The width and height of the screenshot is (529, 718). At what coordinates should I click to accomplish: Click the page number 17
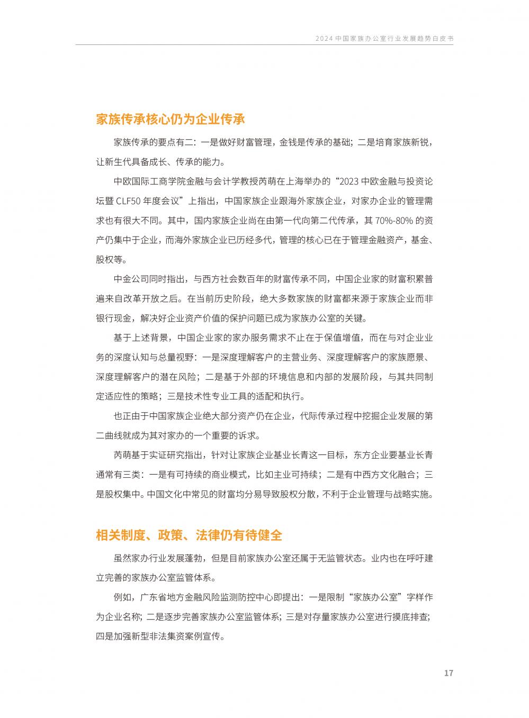tap(449, 674)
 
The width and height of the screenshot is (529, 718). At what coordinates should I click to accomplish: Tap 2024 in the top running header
tap(323, 39)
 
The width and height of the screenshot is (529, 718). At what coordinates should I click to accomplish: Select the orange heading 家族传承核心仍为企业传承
tap(170, 119)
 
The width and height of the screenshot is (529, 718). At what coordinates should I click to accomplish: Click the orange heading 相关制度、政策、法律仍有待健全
tap(189, 535)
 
